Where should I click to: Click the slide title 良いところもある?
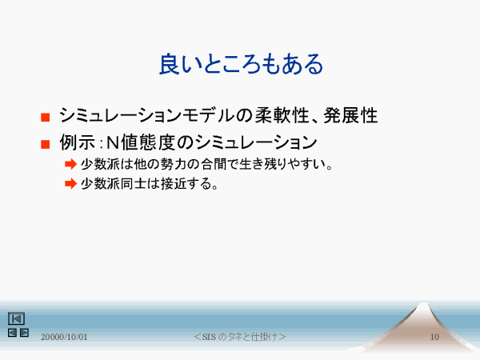click(242, 64)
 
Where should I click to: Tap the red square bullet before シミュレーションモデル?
click(46, 118)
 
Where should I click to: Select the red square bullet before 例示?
click(46, 144)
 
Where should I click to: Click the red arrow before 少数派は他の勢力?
click(70, 164)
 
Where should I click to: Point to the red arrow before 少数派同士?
click(70, 184)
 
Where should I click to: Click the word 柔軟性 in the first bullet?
click(282, 115)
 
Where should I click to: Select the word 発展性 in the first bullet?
click(350, 115)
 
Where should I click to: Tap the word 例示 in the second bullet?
click(78, 142)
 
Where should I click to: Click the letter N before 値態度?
click(112, 142)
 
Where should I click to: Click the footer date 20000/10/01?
click(64, 337)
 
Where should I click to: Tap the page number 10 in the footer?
click(434, 337)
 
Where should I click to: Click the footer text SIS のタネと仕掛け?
click(240, 337)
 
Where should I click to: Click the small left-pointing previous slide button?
click(12, 333)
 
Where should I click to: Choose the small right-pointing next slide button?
click(24, 333)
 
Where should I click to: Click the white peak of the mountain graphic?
click(424, 306)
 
